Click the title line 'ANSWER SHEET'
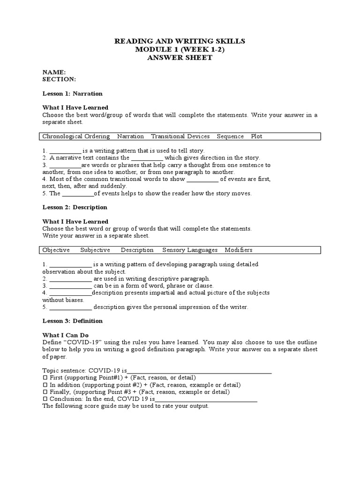click(x=180, y=58)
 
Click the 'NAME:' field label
click(x=54, y=72)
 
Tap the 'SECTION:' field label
click(x=59, y=79)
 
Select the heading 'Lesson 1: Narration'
click(x=72, y=93)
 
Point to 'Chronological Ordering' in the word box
click(x=76, y=136)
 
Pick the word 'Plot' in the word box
click(x=256, y=136)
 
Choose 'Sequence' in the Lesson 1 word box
click(x=230, y=136)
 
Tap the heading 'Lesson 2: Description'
click(x=75, y=207)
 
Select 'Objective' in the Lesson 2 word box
click(x=56, y=250)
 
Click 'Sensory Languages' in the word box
click(x=190, y=250)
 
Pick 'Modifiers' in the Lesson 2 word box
click(x=239, y=250)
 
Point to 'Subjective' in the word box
click(x=95, y=250)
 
